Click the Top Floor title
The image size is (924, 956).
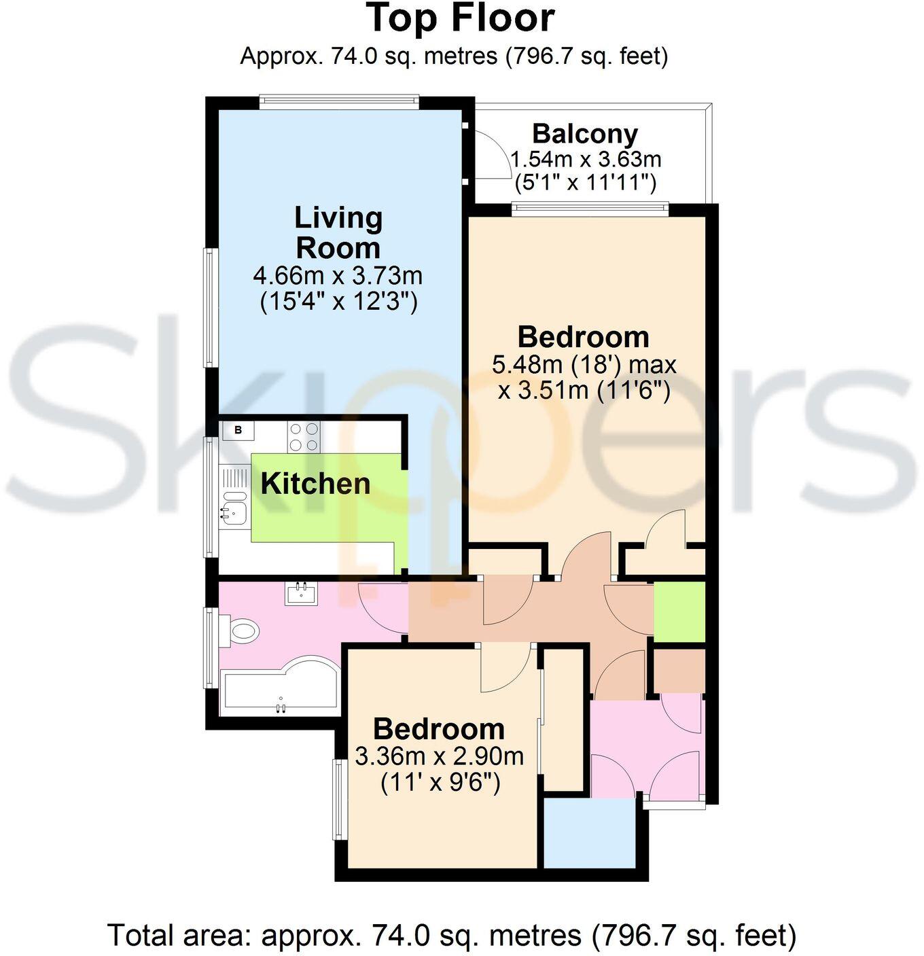(461, 18)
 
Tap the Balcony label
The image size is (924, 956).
(584, 134)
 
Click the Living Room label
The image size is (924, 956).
(338, 232)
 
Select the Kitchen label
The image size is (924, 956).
(315, 484)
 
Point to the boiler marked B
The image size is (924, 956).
(238, 429)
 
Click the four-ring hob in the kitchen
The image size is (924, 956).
(304, 437)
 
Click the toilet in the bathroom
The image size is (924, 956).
(241, 631)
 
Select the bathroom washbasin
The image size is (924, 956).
(300, 595)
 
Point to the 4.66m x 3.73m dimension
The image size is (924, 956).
(338, 276)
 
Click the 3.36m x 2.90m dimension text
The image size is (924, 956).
(439, 756)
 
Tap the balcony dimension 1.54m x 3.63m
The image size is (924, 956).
(585, 160)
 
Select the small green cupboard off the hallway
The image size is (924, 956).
(679, 612)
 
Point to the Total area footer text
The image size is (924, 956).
(451, 935)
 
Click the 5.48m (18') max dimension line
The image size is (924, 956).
(584, 365)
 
